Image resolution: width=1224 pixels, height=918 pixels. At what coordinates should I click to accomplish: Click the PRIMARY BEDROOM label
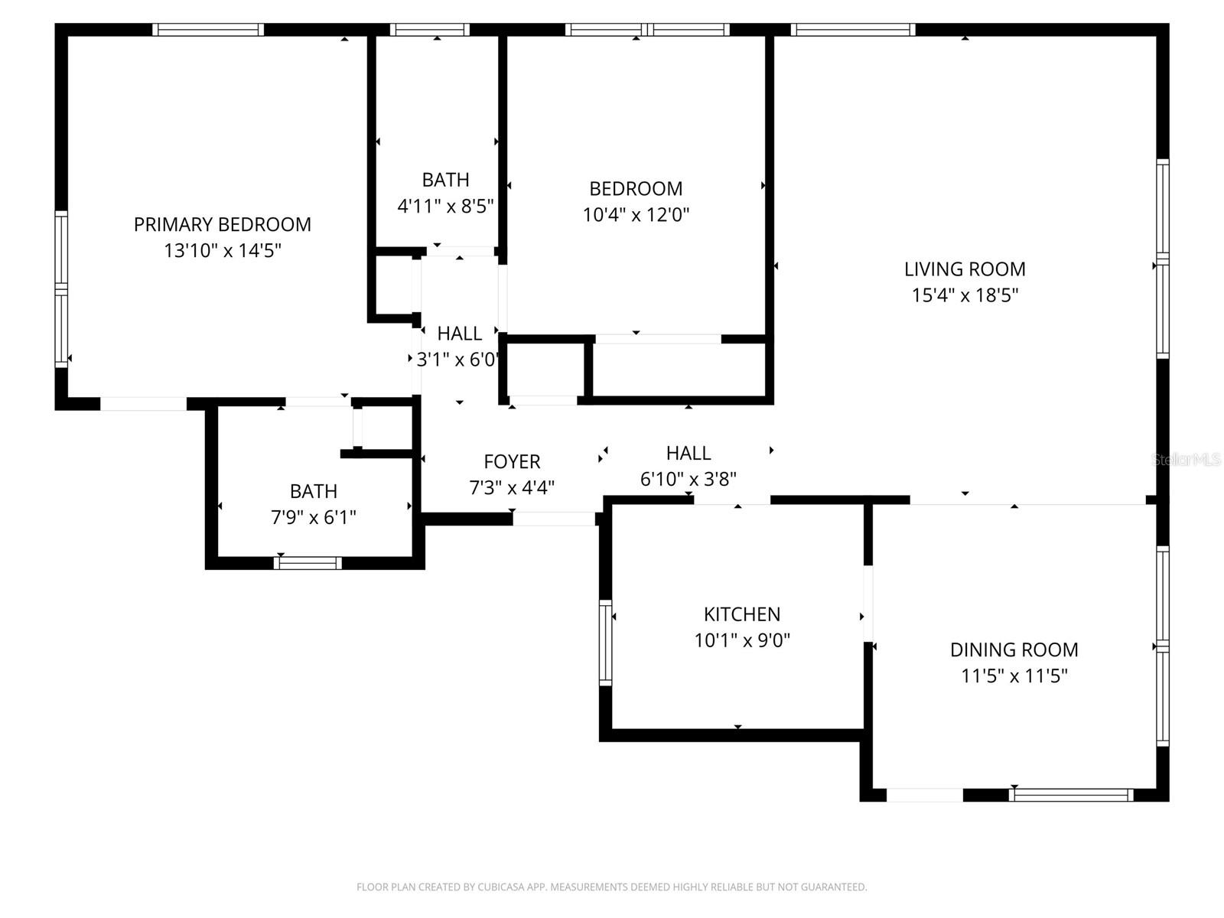click(222, 224)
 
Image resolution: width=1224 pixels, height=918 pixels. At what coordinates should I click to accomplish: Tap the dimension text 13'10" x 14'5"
click(223, 250)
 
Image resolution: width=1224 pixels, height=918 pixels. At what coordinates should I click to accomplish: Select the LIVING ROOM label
click(965, 269)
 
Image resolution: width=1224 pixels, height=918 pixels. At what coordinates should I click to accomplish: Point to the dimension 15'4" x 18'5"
click(965, 295)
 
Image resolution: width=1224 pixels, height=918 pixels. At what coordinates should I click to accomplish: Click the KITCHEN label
click(742, 614)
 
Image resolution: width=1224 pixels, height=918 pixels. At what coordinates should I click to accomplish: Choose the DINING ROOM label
click(1014, 649)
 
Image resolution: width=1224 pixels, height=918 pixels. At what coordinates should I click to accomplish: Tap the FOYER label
click(512, 461)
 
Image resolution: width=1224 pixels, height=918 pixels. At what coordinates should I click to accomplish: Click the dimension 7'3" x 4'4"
click(512, 487)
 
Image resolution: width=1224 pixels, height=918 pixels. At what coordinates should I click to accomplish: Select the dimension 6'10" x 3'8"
click(688, 479)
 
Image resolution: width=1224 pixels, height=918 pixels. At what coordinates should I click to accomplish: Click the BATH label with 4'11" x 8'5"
click(445, 180)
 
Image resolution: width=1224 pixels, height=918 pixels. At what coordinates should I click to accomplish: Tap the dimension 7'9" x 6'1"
click(314, 517)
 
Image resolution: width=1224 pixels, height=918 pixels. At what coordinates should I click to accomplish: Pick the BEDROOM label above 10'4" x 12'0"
click(636, 188)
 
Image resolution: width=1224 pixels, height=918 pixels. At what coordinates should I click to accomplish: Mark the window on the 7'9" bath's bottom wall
click(308, 563)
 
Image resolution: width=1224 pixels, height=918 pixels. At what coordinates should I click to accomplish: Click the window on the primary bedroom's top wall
click(207, 30)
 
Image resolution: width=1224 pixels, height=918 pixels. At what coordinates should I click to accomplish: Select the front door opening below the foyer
click(554, 519)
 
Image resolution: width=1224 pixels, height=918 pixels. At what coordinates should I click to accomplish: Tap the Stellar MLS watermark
click(1186, 460)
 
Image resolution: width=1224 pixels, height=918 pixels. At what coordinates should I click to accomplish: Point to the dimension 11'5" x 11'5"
click(1014, 675)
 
